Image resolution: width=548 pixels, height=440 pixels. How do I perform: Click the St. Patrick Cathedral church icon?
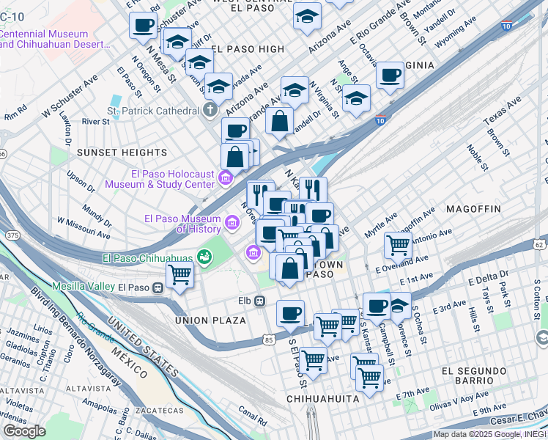coord(210,111)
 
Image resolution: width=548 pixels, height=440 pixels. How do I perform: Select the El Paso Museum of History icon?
coord(232,222)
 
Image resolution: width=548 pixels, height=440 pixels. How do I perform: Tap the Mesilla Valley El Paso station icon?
coord(158,287)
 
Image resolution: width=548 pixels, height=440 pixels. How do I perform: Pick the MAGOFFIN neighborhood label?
coord(473,209)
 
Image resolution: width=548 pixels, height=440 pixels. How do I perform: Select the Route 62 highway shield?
coord(540,244)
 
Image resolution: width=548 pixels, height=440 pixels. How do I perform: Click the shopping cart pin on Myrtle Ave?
coord(398,244)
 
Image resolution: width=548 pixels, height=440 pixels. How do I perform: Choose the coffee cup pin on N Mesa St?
coord(143,25)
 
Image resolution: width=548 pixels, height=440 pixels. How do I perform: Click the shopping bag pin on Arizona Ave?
coord(279,121)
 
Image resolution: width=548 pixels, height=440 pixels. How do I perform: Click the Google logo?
coord(25,431)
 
